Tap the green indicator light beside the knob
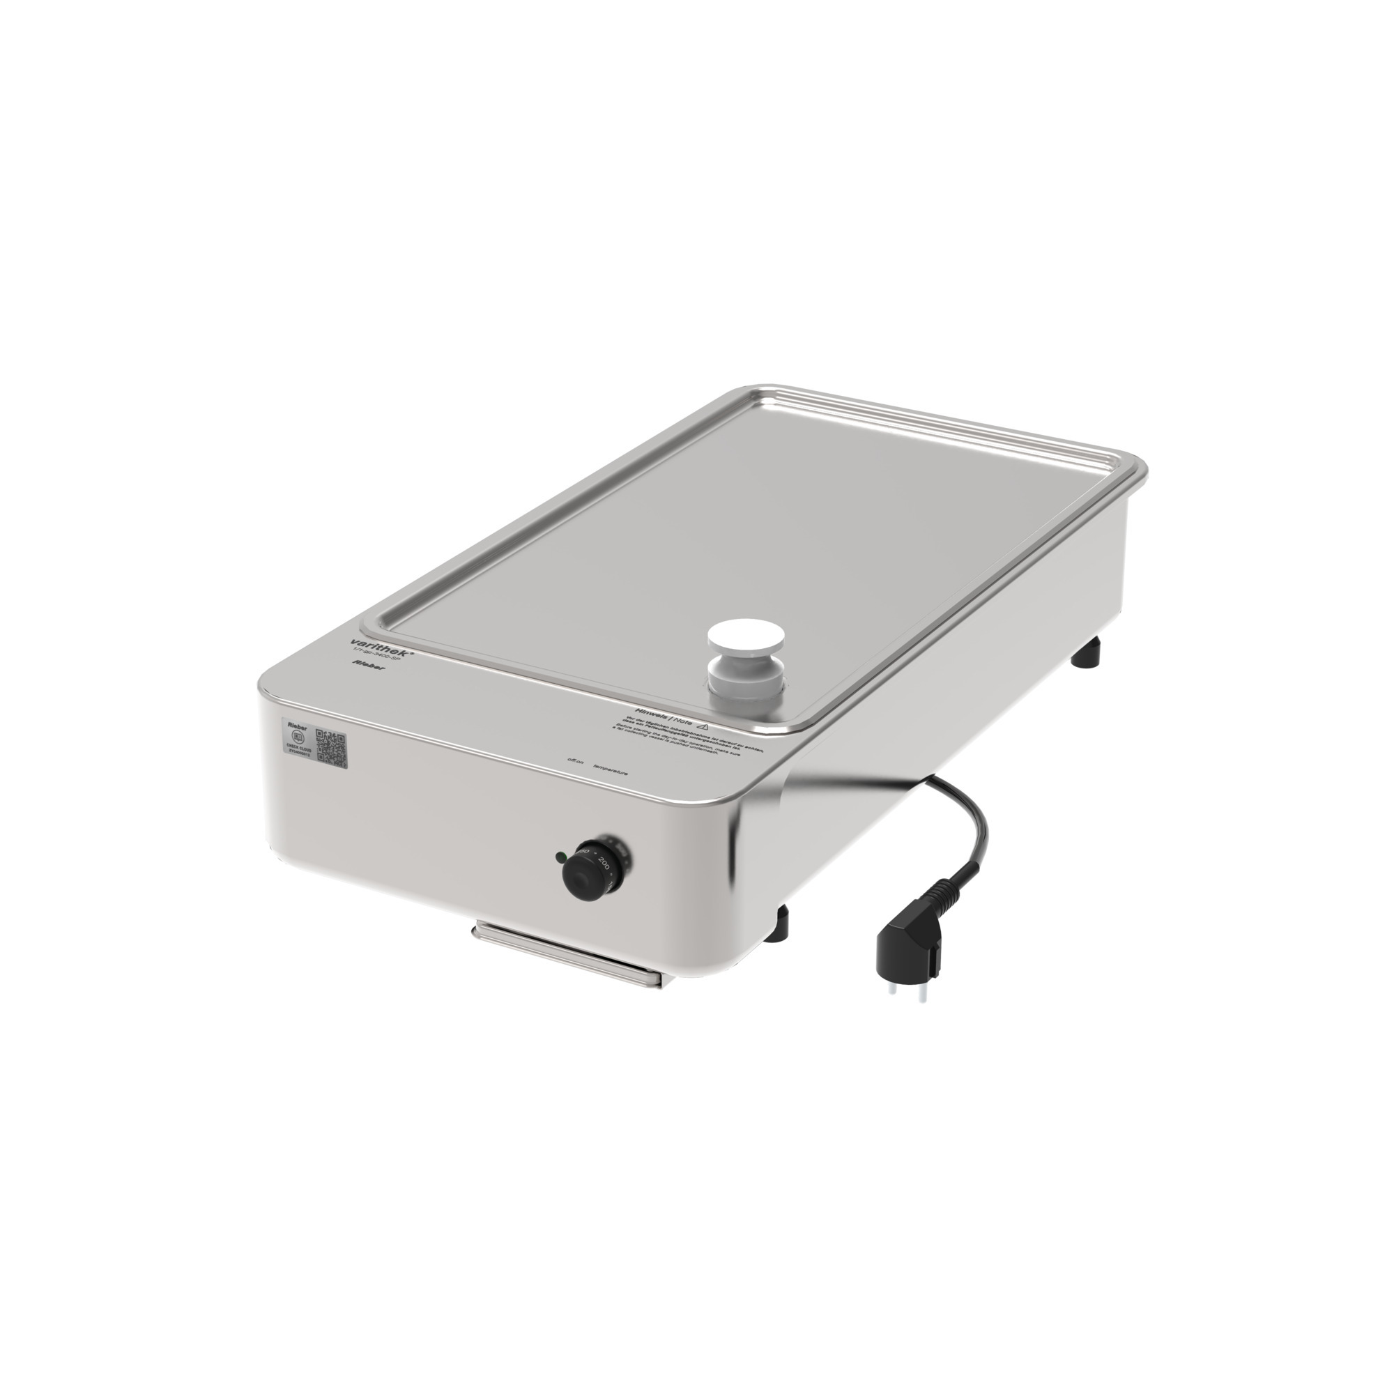(559, 857)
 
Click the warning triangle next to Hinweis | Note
(703, 726)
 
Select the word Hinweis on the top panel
(649, 713)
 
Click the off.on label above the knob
(576, 760)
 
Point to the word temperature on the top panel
(610, 771)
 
